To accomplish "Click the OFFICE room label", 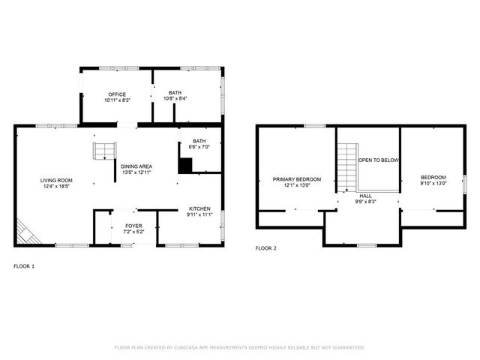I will (x=117, y=94).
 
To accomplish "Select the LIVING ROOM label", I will (x=56, y=180).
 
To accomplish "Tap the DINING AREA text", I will (x=136, y=166).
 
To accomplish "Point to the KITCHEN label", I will (x=199, y=208).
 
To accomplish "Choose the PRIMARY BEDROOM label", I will (x=296, y=179).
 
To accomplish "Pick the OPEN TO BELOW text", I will (x=378, y=160).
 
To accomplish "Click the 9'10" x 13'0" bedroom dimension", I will (x=433, y=183).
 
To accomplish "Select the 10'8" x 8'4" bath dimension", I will (x=175, y=99).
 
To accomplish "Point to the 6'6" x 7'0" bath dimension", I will (x=199, y=147).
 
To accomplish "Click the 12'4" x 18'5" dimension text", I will (x=56, y=187).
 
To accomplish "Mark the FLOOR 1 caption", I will (x=24, y=265).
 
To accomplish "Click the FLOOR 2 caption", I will (x=265, y=247).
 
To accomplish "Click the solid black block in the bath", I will (x=184, y=165).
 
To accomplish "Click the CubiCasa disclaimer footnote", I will (x=239, y=347).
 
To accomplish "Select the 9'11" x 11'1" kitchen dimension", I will (x=199, y=215).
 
